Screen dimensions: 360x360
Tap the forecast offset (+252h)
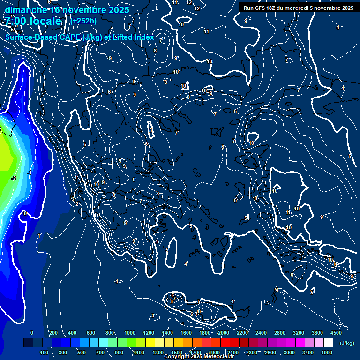[x=83, y=21]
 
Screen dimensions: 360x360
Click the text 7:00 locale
[x=33, y=22]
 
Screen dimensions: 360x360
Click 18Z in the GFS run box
[x=275, y=8]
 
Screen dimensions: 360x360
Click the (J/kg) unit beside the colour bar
[x=347, y=344]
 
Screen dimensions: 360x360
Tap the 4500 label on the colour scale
[x=336, y=333]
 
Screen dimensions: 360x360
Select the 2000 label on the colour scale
[x=223, y=333]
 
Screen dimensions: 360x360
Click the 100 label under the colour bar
[x=44, y=352]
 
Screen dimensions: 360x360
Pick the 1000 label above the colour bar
[x=129, y=333]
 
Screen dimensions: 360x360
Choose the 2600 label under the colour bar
[x=271, y=352]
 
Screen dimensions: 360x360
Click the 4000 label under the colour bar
[x=327, y=352]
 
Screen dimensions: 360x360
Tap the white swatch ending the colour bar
[x=328, y=343]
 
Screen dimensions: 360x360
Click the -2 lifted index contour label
[x=14, y=178]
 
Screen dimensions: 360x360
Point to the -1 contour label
[x=29, y=173]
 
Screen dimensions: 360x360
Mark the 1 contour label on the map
[x=39, y=236]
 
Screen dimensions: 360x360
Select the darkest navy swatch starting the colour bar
[x=28, y=343]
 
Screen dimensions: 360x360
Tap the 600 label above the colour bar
[x=91, y=333]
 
